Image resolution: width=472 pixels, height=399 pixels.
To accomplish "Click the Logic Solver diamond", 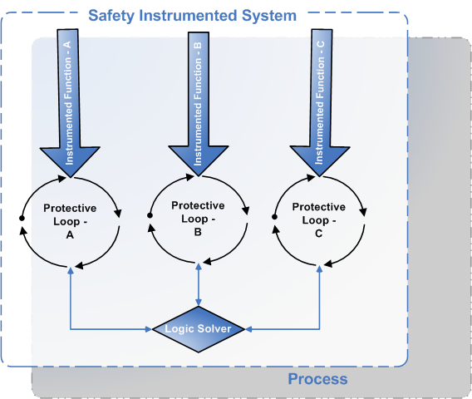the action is click(199, 329).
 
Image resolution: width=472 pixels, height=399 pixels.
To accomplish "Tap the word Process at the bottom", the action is click(318, 379).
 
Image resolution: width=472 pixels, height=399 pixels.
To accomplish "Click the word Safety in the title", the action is click(111, 16).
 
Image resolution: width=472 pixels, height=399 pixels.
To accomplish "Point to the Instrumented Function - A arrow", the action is click(70, 103).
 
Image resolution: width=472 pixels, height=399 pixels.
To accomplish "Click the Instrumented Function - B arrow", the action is click(199, 104).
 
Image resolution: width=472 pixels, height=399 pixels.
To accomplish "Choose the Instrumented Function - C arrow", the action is click(320, 102).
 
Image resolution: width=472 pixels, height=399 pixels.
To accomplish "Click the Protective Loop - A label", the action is click(70, 221).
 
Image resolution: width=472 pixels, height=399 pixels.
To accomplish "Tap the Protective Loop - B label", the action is click(198, 219).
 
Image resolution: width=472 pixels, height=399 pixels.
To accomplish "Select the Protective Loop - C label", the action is click(319, 219).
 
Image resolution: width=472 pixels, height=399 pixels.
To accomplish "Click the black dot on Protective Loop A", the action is click(22, 218).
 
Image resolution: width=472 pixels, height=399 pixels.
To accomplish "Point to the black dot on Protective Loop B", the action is click(150, 215).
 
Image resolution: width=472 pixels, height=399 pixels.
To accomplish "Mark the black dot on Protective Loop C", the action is click(274, 217).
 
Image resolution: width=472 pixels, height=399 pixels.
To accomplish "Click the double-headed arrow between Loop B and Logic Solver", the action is click(199, 284).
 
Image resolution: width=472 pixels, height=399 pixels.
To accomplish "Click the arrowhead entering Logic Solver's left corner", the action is click(149, 329).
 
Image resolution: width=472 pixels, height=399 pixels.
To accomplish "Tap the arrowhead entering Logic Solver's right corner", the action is click(248, 329).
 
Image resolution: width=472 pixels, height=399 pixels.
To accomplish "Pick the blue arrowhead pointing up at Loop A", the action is click(71, 270).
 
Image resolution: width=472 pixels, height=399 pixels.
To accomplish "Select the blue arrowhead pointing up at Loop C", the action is click(320, 269).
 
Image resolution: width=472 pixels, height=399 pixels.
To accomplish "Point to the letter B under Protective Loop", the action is click(198, 232).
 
